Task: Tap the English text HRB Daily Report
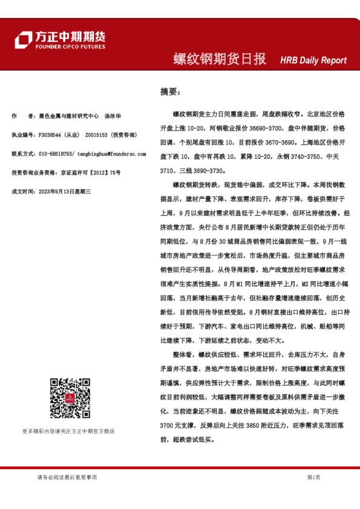point(313,60)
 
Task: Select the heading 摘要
point(170,92)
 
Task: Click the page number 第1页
point(313,477)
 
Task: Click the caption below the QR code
point(68,431)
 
